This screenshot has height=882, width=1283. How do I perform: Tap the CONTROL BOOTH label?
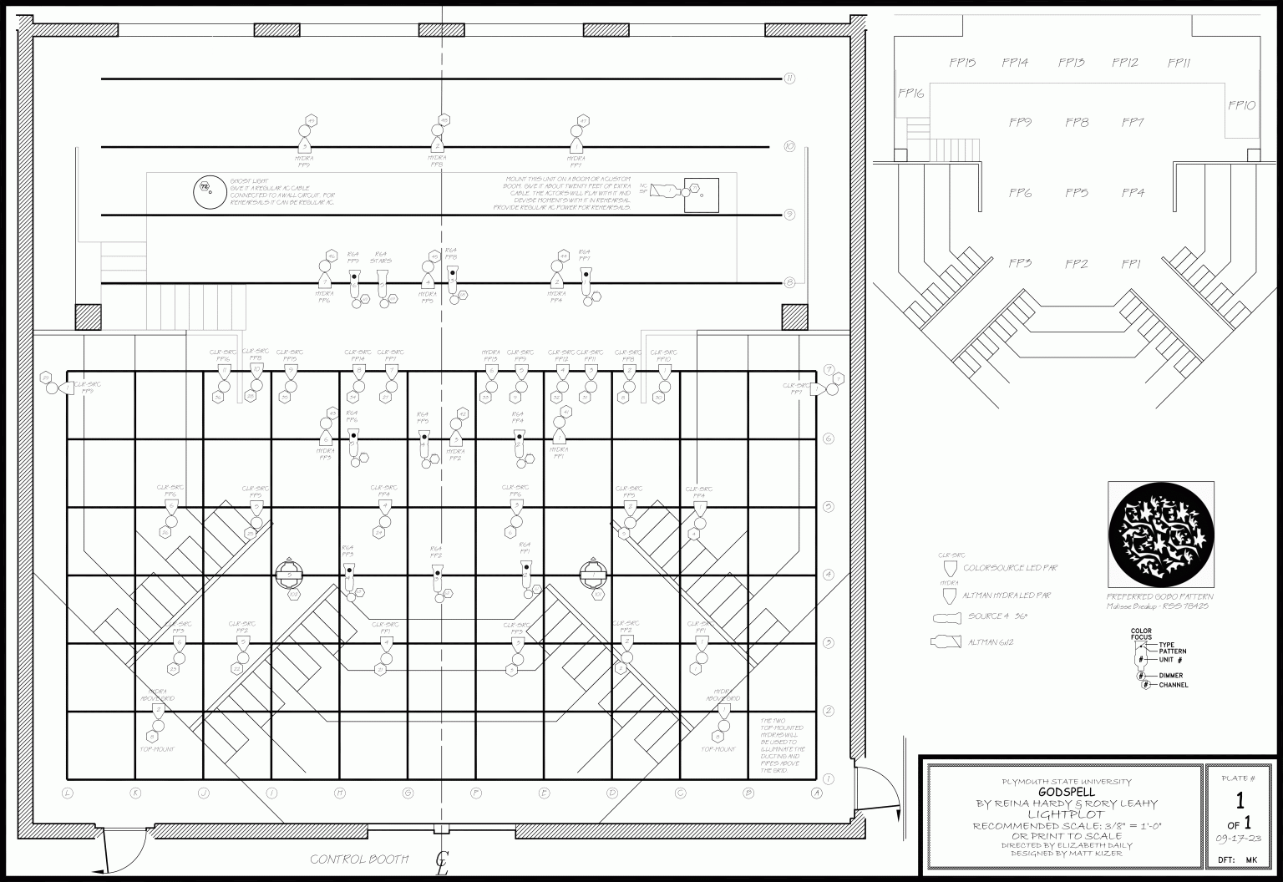359,859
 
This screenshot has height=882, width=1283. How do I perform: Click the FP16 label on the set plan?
910,94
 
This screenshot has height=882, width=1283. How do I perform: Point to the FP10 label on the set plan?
1241,106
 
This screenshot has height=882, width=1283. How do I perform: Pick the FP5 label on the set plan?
1077,193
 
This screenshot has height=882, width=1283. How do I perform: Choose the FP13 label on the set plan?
1071,63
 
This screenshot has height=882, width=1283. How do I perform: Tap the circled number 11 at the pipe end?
789,79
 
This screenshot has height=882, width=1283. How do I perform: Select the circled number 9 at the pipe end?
789,215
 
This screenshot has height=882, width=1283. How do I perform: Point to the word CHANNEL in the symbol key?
1173,685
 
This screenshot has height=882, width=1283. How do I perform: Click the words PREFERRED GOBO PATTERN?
1159,597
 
